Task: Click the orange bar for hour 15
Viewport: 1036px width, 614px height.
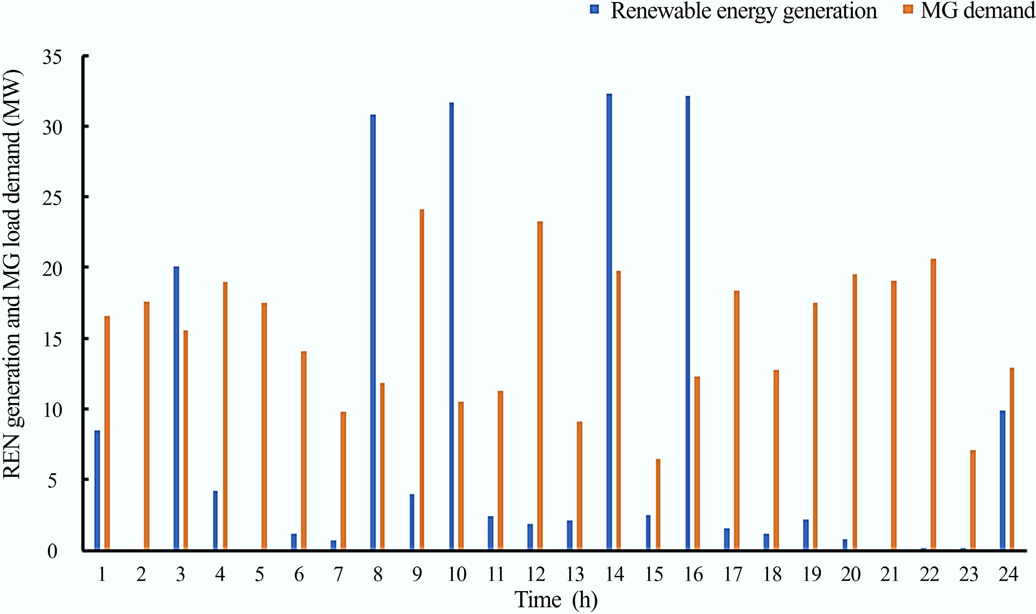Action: [658, 504]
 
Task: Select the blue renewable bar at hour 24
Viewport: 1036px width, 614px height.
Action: [1002, 480]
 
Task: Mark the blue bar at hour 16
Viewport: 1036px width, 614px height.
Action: [688, 323]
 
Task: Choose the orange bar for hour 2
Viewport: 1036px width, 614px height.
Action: [147, 426]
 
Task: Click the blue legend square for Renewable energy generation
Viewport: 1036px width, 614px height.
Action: [594, 9]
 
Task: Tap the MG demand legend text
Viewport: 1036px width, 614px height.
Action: [978, 10]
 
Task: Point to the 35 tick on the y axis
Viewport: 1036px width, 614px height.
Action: [52, 57]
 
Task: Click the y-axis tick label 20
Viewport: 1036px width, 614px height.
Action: [52, 269]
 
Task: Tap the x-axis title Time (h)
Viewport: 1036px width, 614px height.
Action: [556, 599]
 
